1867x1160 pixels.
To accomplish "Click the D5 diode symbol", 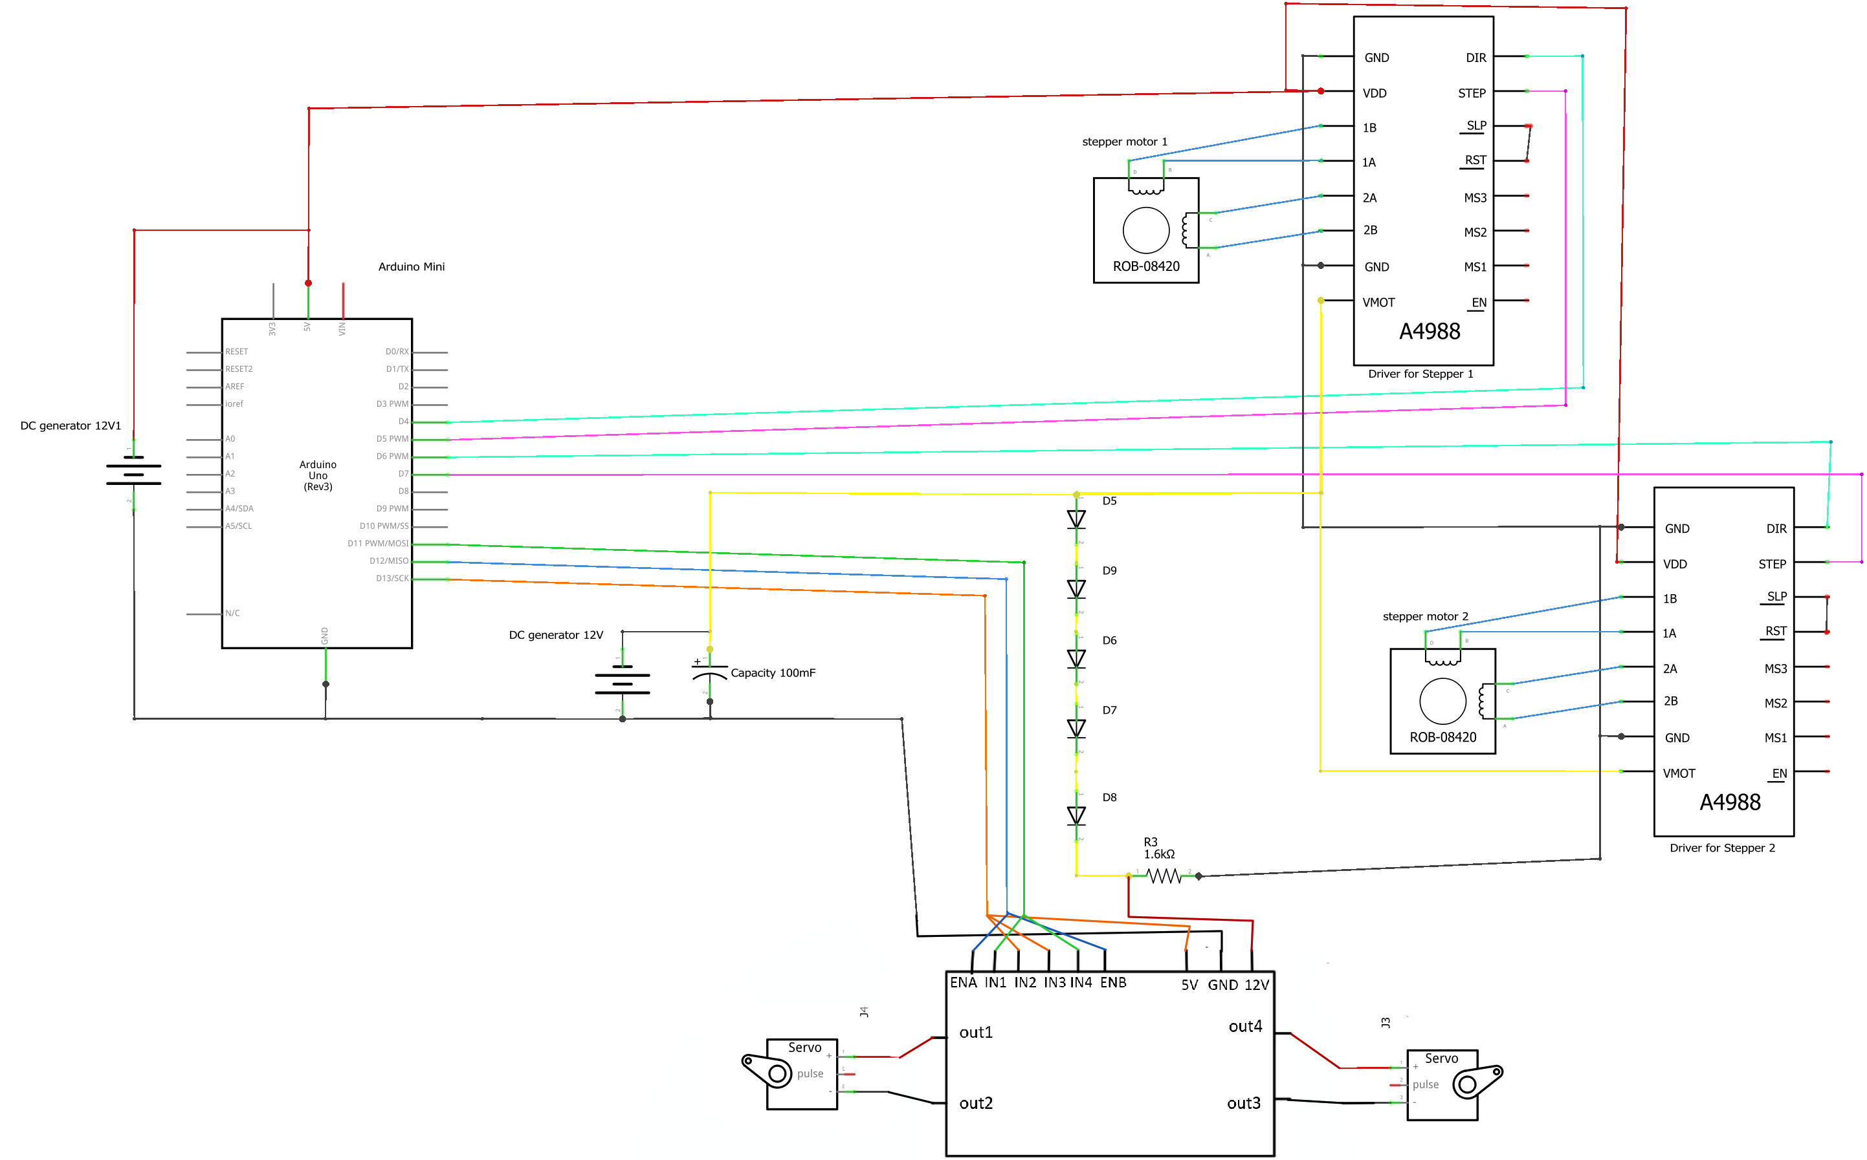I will [1076, 519].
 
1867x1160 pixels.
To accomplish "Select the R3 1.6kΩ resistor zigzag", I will [1164, 875].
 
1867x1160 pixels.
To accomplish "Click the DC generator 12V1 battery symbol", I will [133, 474].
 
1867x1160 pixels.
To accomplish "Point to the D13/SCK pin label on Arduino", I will [392, 579].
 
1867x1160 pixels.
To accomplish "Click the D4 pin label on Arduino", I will [403, 421].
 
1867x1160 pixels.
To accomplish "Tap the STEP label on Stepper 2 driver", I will [1772, 564].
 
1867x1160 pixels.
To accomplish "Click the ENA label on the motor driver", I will [963, 983].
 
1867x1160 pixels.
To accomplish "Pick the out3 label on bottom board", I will [1244, 1103].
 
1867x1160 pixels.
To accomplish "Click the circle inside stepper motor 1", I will [1145, 230].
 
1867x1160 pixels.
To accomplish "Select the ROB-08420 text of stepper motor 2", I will [1442, 737].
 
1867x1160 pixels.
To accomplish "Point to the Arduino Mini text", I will [412, 267].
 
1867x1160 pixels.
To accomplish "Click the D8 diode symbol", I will [1076, 815].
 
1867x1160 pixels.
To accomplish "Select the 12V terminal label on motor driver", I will [1257, 985].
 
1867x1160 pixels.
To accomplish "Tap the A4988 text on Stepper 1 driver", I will [1429, 332].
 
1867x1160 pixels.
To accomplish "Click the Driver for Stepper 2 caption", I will [1722, 848].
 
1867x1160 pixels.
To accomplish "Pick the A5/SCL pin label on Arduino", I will [239, 526].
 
